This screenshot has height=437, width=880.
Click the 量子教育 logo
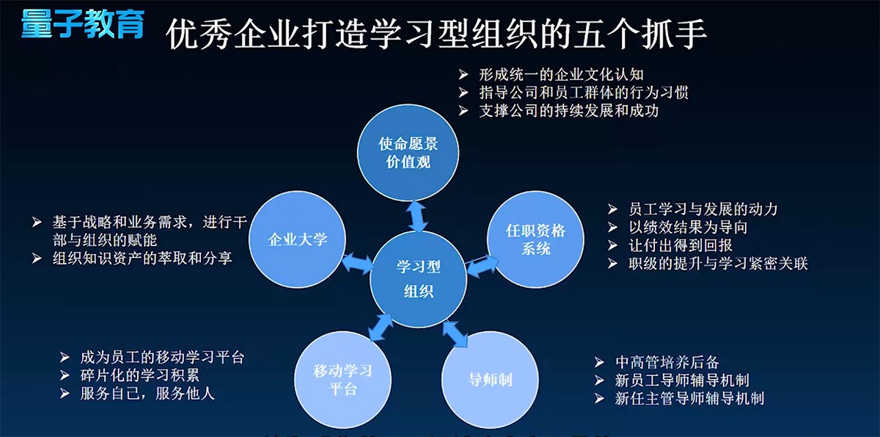pyautogui.click(x=81, y=23)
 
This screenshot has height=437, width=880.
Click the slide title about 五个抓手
pyautogui.click(x=436, y=34)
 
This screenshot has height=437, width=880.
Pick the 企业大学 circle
pyautogui.click(x=298, y=239)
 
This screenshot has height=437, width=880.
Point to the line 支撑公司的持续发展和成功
pyautogui.click(x=568, y=112)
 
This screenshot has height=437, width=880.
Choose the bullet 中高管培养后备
pyautogui.click(x=667, y=362)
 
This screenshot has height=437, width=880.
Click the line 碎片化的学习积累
pyautogui.click(x=150, y=375)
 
